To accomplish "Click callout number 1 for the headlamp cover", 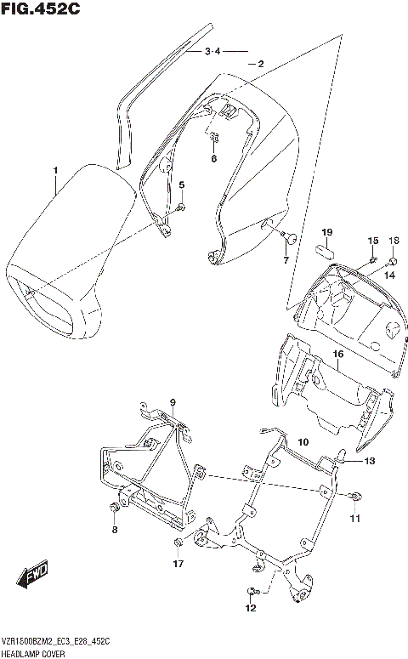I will pyautogui.click(x=55, y=172).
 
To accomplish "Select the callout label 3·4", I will pyautogui.click(x=212, y=52).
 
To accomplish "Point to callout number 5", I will pyautogui.click(x=181, y=185).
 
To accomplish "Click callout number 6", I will pyautogui.click(x=213, y=159).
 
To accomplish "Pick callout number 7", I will pyautogui.click(x=286, y=260).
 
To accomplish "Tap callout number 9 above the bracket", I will pyautogui.click(x=172, y=402).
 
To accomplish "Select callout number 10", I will pyautogui.click(x=303, y=442).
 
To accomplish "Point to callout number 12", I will pyautogui.click(x=249, y=609).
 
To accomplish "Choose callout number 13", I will pyautogui.click(x=369, y=461).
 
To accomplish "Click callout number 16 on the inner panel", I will pyautogui.click(x=337, y=353).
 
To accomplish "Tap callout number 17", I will pyautogui.click(x=178, y=563).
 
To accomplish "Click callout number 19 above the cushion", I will pyautogui.click(x=326, y=232).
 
